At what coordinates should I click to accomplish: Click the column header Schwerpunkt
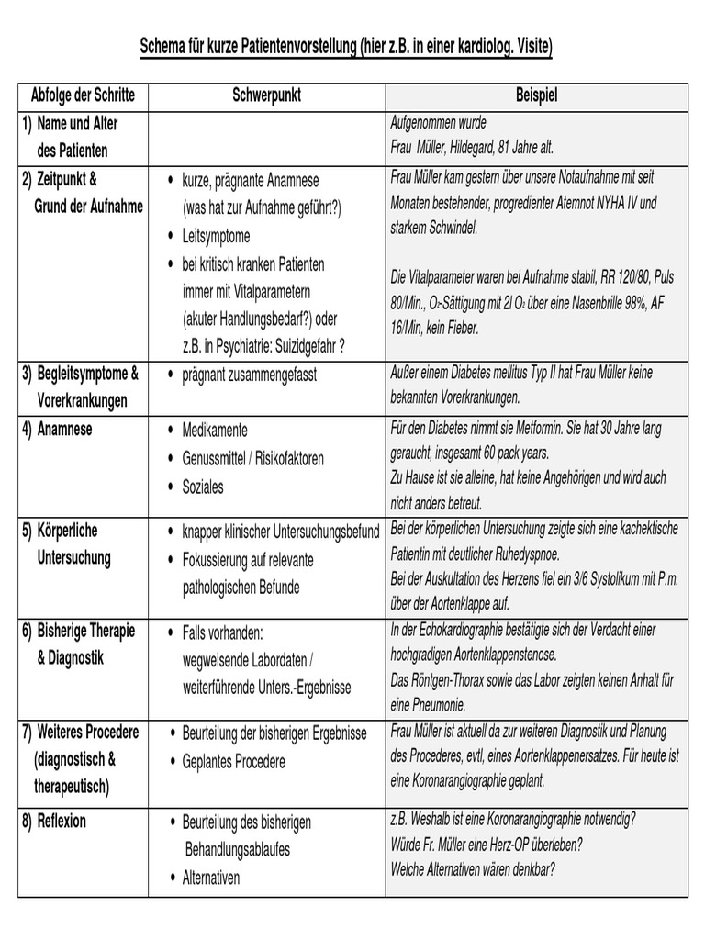[267, 95]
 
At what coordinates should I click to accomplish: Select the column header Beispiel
[537, 95]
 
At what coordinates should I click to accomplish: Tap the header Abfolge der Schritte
[83, 95]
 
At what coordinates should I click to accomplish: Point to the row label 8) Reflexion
[55, 822]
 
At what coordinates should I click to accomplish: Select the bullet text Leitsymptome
[216, 236]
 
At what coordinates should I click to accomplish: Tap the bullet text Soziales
[203, 487]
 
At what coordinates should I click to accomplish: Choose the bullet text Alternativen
[211, 878]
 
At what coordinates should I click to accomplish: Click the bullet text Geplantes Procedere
[234, 762]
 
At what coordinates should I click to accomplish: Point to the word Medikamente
[215, 430]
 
